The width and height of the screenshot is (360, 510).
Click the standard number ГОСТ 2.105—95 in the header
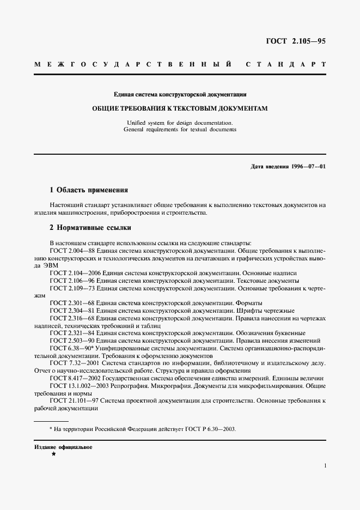[x=295, y=41]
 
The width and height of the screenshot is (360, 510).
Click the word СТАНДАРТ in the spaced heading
[x=286, y=64]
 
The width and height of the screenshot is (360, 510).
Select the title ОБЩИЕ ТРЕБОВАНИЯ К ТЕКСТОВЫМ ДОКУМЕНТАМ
[x=180, y=108]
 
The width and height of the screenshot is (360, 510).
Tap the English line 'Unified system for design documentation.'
[x=180, y=123]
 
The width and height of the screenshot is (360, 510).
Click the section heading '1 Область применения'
[x=88, y=190]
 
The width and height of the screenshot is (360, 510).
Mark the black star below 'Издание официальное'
[x=53, y=453]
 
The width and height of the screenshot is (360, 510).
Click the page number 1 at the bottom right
[x=325, y=466]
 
